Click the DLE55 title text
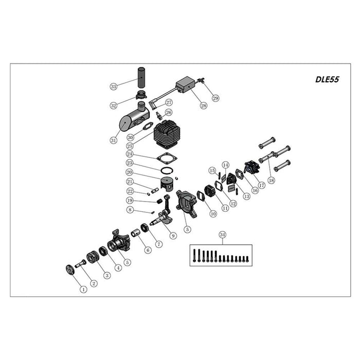(x=326, y=80)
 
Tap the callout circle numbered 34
(x=222, y=236)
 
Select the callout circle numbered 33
(x=114, y=86)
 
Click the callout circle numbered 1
(x=83, y=289)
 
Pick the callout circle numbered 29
(x=215, y=98)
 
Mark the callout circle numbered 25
(x=130, y=146)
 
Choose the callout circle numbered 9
(x=173, y=236)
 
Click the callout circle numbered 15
(x=211, y=170)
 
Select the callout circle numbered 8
(x=130, y=210)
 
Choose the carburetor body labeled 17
(x=251, y=167)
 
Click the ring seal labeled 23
(x=167, y=171)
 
